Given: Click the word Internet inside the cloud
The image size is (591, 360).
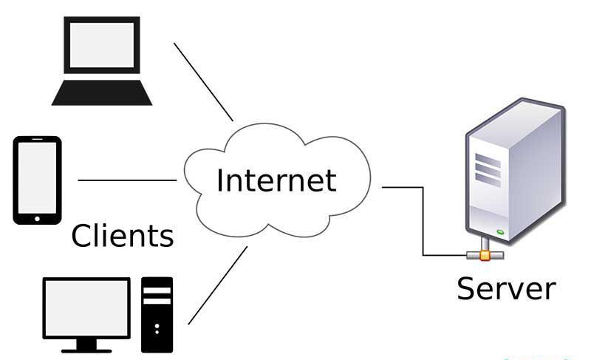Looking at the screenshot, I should pos(276,180).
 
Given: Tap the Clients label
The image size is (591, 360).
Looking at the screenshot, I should pos(123,235).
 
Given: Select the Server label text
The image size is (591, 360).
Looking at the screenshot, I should pos(506,288).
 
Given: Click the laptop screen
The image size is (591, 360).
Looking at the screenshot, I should pos(101,45).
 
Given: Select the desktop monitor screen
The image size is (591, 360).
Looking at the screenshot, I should pos(86,306).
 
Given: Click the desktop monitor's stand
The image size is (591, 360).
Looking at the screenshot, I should pos(86,343).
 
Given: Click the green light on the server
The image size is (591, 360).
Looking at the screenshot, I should pos(500,232).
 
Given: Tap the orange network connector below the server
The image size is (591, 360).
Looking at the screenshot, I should pos(485,255).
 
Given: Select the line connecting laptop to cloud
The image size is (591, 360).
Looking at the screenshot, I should pos(203,81).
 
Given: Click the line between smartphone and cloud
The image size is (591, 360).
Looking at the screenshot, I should pos(126,180).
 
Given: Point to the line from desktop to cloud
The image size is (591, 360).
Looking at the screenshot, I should pos(218,285).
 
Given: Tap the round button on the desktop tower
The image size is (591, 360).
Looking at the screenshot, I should pos(157,325).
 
